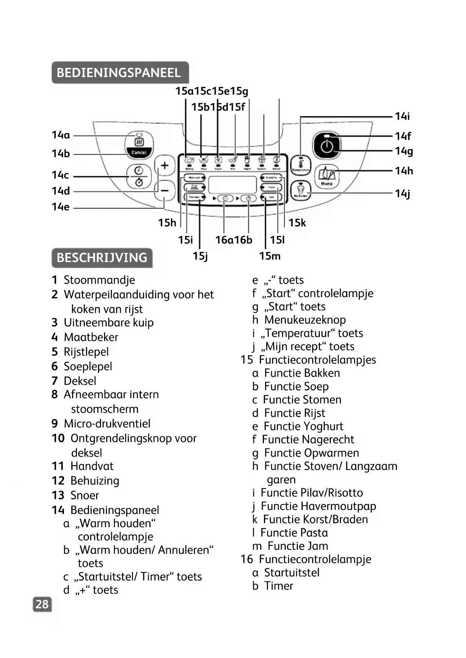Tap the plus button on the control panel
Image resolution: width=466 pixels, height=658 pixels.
pos(164,165)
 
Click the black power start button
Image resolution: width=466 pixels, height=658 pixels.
pos(327,146)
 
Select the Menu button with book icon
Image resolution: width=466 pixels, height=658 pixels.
pos(327,176)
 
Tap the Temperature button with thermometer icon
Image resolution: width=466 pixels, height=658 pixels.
pos(300,165)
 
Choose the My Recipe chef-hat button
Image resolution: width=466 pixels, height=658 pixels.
pos(300,191)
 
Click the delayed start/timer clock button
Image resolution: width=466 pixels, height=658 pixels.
pos(139,176)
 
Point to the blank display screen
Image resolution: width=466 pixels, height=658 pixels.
pos(232,185)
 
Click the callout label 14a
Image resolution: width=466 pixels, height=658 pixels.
pos(61,135)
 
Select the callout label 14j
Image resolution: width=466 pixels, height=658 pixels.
pos(403,194)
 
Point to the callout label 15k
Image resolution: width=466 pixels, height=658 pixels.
pos(297,223)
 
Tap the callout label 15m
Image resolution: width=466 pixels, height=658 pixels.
pos(270,256)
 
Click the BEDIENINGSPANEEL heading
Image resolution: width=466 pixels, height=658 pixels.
pos(119,72)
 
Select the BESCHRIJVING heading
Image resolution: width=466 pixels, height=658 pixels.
pos(102,258)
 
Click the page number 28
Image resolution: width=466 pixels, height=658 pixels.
pos(42,604)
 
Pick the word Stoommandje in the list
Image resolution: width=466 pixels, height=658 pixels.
pos(99,280)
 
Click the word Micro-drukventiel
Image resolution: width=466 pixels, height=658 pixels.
pos(107,424)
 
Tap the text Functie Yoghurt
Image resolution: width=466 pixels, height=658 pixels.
pos(303,427)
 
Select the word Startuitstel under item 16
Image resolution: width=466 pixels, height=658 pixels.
pos(292,572)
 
